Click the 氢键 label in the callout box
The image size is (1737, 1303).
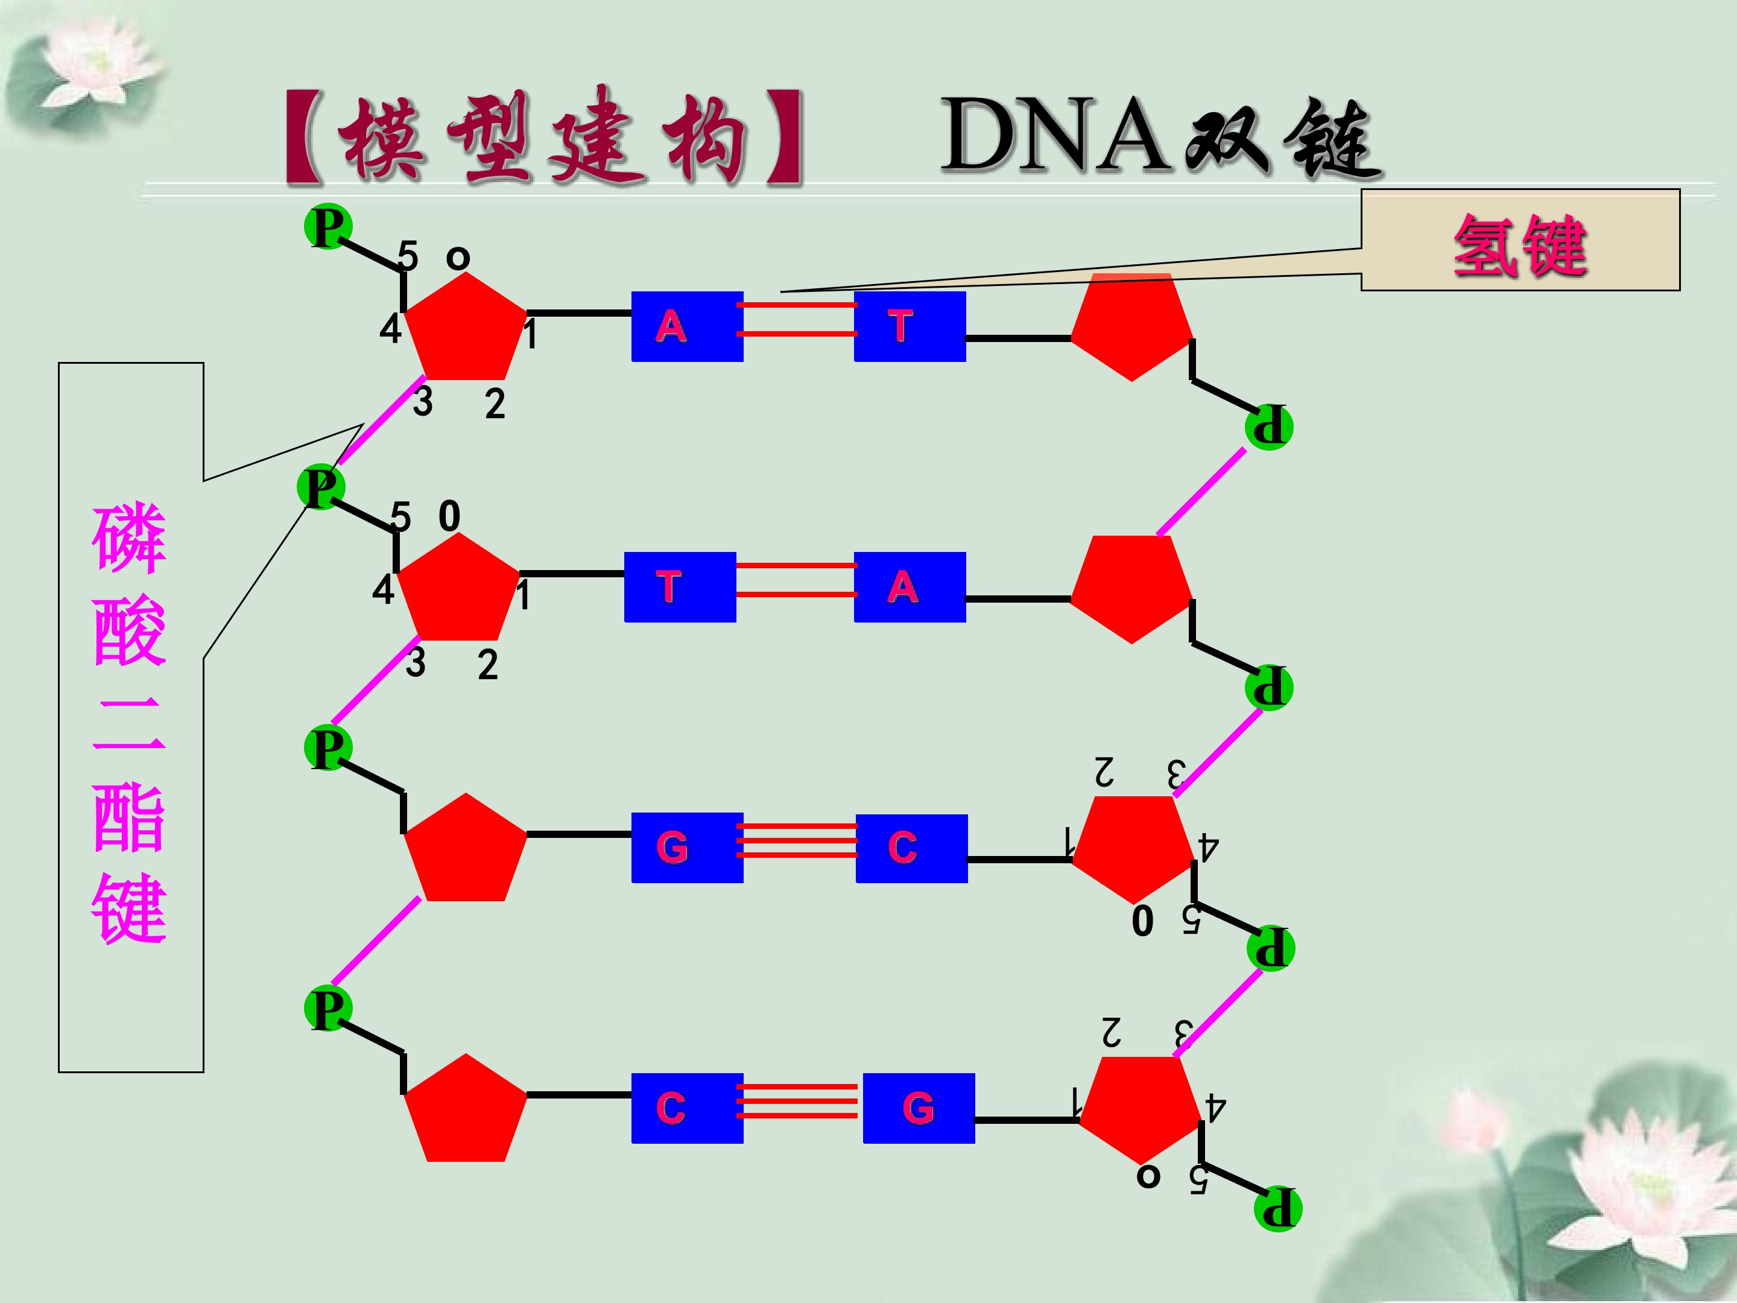(1519, 246)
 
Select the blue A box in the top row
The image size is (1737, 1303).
(687, 326)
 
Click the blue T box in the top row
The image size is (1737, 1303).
(910, 326)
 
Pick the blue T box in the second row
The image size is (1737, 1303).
(680, 587)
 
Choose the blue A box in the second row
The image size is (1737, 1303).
(910, 587)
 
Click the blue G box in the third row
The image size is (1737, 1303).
(687, 848)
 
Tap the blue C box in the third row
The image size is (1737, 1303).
(911, 848)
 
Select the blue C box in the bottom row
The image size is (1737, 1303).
(687, 1108)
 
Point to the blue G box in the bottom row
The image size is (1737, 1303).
(918, 1108)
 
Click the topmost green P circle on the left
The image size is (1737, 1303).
(327, 227)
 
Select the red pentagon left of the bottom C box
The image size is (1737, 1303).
(465, 1111)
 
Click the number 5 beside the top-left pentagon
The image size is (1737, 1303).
(408, 255)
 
